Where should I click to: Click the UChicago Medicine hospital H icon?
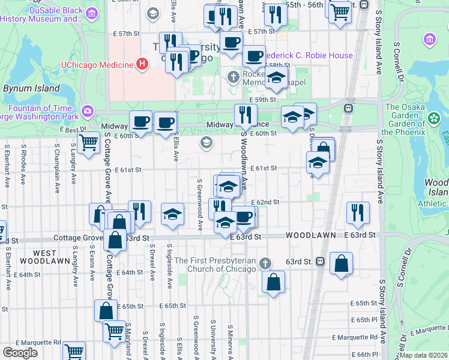[x=142, y=64]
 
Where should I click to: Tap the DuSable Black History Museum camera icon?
[x=92, y=13]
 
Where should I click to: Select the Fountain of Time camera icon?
[x=88, y=110]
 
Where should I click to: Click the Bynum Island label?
[x=31, y=88]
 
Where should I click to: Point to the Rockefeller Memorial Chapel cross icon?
[x=234, y=76]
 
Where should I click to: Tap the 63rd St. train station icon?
[x=321, y=262]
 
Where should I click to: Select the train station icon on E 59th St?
[x=348, y=108]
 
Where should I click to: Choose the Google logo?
[x=20, y=352]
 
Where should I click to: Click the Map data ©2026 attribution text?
[x=424, y=355]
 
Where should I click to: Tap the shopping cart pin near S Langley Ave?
[x=89, y=143]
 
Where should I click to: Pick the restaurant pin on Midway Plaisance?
[x=245, y=115]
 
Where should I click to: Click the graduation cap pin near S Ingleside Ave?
[x=172, y=214]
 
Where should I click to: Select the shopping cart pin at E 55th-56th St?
[x=340, y=10]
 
